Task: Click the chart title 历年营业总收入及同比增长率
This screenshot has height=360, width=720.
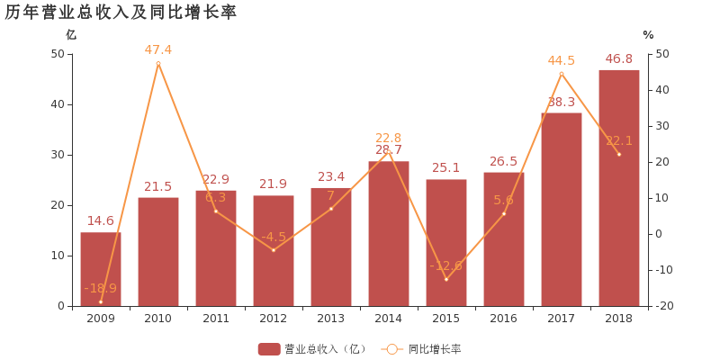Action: tap(121, 13)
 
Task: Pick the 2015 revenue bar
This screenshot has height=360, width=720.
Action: tap(446, 242)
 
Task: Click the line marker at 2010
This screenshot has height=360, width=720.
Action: tap(158, 63)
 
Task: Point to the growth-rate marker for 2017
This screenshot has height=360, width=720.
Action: tap(562, 74)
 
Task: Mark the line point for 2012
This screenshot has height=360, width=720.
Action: tap(274, 250)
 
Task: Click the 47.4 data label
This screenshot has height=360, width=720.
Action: tap(158, 49)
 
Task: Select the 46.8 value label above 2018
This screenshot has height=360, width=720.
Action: tap(619, 58)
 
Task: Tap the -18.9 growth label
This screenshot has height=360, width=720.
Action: tap(101, 288)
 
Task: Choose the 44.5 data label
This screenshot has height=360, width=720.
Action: tap(562, 60)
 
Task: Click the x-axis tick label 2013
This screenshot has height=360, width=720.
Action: tap(331, 319)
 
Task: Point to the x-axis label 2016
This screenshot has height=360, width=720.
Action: tap(504, 319)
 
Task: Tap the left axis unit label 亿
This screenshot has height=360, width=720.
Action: tap(71, 34)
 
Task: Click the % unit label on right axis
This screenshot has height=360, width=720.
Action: tap(648, 34)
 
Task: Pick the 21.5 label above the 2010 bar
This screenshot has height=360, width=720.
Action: tap(158, 186)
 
